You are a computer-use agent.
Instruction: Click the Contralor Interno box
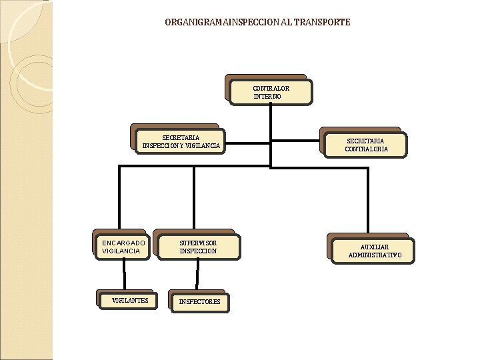(270, 92)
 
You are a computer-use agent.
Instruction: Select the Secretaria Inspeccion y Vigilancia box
(181, 141)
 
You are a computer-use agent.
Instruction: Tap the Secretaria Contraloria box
(365, 145)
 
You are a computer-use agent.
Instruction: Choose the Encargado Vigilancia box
(123, 247)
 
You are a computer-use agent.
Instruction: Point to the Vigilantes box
(129, 301)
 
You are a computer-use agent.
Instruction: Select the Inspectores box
(199, 302)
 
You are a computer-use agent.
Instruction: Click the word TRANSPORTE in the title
(323, 22)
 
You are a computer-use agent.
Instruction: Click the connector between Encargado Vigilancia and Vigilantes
(123, 275)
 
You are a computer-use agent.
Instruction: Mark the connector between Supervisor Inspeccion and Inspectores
(197, 275)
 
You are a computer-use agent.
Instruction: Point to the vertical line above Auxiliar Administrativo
(367, 200)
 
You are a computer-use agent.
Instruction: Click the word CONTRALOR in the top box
(271, 88)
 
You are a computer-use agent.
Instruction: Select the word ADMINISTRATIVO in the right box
(375, 255)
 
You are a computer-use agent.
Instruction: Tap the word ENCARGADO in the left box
(123, 243)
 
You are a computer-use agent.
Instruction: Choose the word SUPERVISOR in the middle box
(198, 243)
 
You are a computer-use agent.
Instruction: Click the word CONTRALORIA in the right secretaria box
(366, 149)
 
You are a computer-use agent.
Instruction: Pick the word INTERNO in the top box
(267, 97)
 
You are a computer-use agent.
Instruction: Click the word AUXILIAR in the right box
(375, 247)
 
